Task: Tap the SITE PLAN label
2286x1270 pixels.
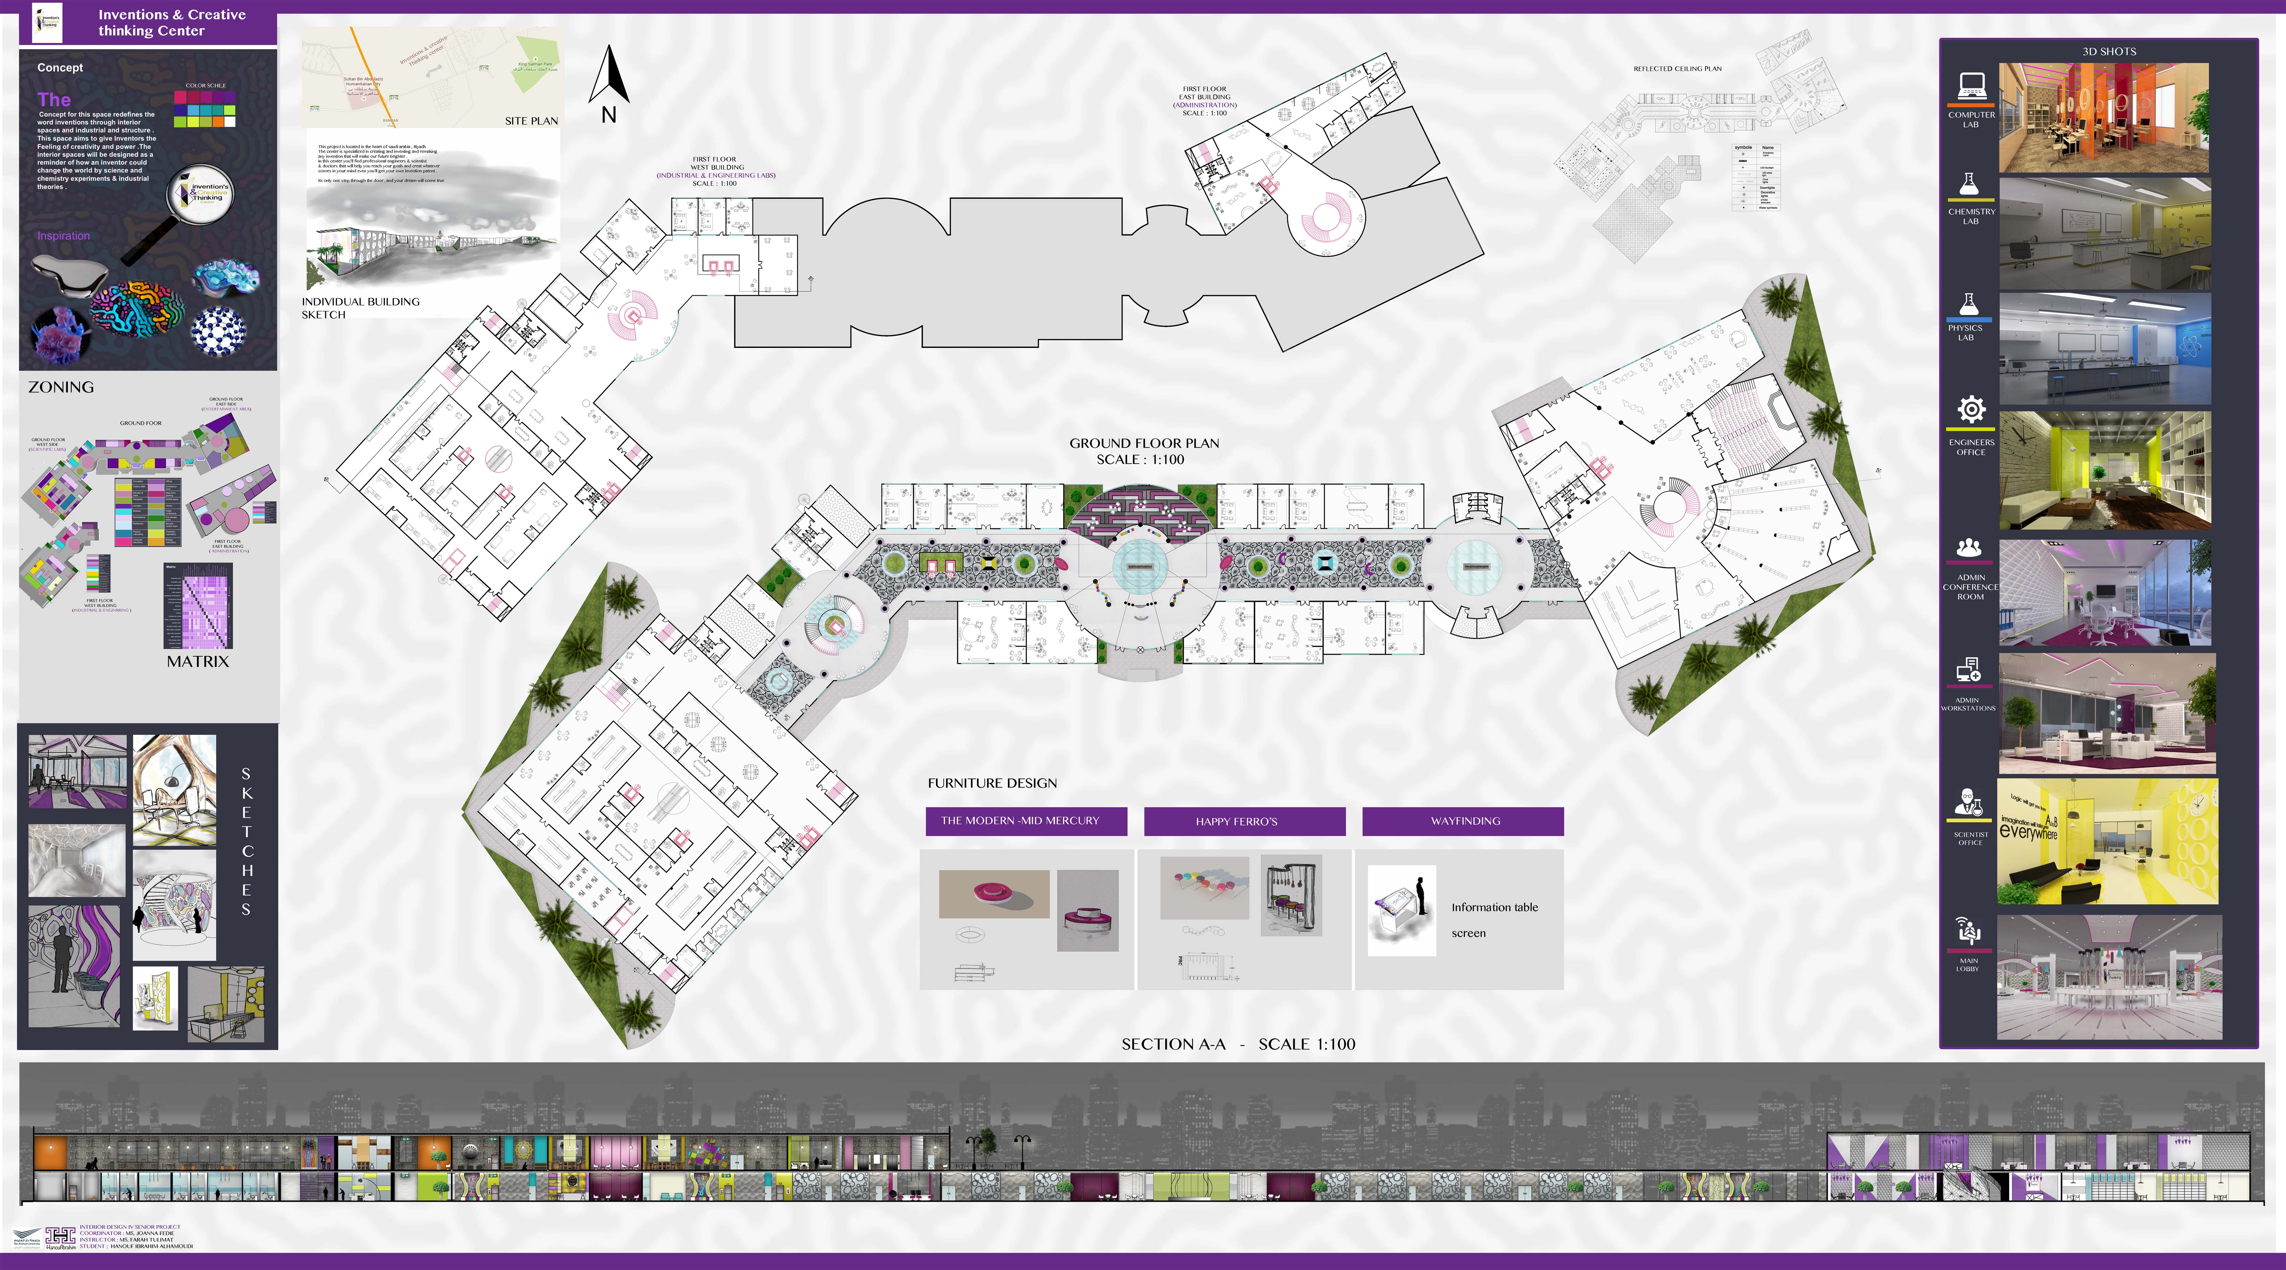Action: pyautogui.click(x=531, y=121)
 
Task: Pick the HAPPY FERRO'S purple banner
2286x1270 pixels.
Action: pyautogui.click(x=1244, y=821)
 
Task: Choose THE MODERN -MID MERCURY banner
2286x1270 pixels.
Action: pyautogui.click(x=1026, y=821)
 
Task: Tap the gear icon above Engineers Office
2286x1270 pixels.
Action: pyautogui.click(x=1971, y=410)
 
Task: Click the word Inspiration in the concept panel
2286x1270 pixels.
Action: pyautogui.click(x=63, y=236)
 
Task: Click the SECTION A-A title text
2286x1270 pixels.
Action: pyautogui.click(x=1237, y=1044)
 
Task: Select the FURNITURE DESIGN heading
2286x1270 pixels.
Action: pyautogui.click(x=992, y=783)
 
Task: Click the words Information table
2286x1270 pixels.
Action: pyautogui.click(x=1495, y=907)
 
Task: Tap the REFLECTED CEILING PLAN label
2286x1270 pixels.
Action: pyautogui.click(x=1677, y=68)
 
